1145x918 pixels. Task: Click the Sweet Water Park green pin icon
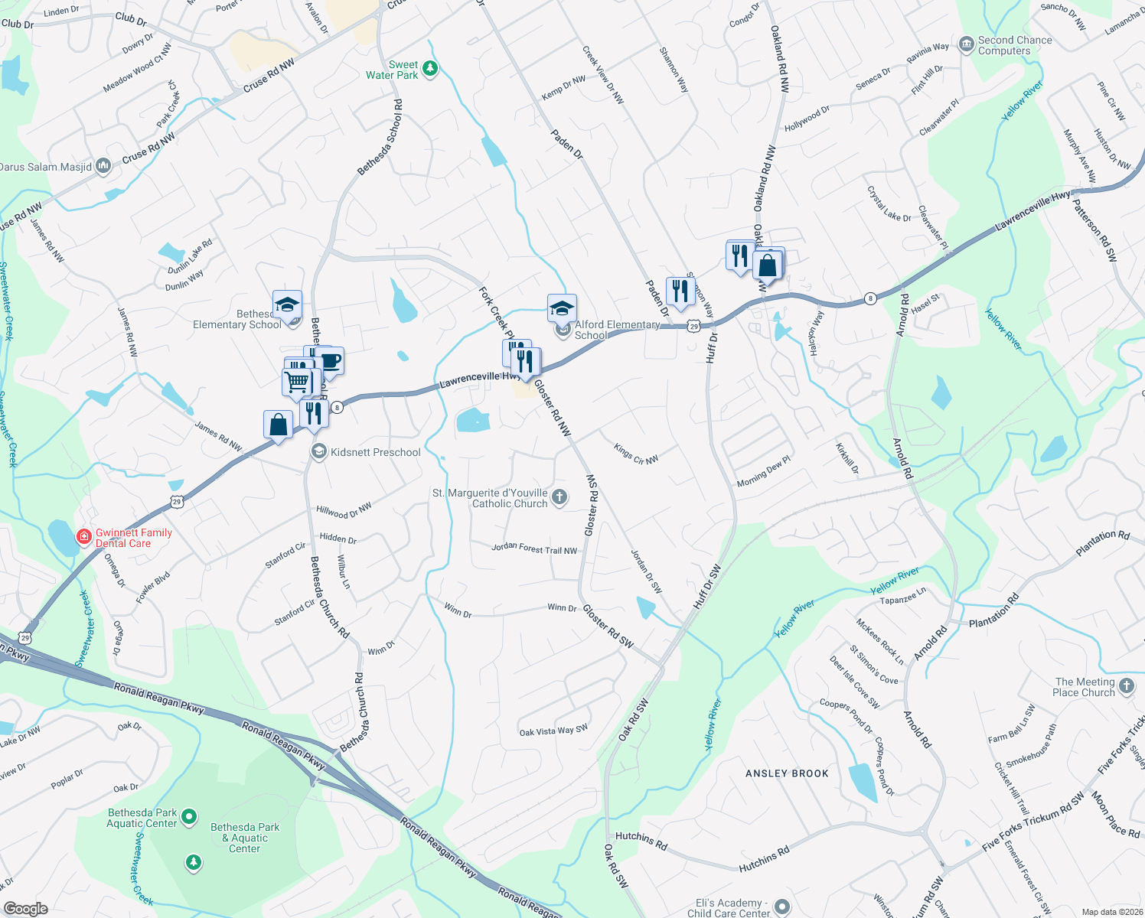(x=430, y=69)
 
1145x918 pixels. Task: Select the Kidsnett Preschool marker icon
(x=318, y=452)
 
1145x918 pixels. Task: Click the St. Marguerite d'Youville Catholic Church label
(x=491, y=498)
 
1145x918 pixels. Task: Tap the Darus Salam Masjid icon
(x=103, y=166)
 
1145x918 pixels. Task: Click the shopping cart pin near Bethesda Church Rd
(x=297, y=381)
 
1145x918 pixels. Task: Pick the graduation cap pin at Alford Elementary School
(x=562, y=309)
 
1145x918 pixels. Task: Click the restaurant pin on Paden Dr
(x=680, y=291)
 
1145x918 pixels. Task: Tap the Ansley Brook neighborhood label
(x=787, y=773)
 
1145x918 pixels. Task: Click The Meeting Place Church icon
(x=1126, y=686)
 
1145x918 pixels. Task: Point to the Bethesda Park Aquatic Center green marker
(x=189, y=818)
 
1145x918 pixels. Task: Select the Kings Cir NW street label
(x=635, y=454)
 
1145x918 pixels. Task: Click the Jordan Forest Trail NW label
(x=534, y=549)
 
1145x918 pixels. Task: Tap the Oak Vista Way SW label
(x=553, y=731)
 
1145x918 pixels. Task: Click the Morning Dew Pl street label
(x=763, y=473)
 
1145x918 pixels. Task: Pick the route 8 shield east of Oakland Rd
(x=869, y=298)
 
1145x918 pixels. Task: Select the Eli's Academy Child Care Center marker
(x=781, y=907)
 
